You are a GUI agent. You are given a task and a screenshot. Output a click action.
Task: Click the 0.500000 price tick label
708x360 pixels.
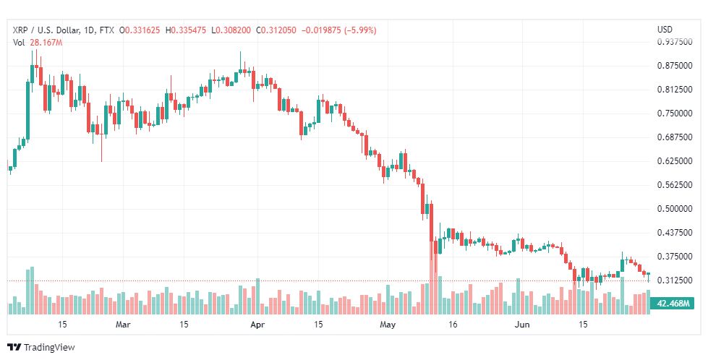pos(675,208)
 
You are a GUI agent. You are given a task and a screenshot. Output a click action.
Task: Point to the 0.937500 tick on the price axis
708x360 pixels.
pos(675,41)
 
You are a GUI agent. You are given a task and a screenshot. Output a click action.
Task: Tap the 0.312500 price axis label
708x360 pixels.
pos(675,280)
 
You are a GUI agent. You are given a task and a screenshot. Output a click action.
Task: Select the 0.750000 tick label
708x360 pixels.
pos(675,113)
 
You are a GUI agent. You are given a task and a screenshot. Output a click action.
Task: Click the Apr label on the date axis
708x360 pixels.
pos(257,325)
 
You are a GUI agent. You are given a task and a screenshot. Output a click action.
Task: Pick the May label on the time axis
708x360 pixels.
pos(388,325)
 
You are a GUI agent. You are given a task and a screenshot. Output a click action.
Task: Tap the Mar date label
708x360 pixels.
pos(123,325)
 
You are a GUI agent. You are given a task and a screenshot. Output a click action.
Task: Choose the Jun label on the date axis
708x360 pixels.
pos(522,325)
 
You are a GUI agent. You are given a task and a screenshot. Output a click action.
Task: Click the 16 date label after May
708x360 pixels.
pos(453,325)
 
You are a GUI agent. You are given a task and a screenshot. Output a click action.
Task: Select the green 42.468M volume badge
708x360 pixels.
pos(672,303)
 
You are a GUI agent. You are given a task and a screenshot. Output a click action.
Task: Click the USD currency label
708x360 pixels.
pos(665,30)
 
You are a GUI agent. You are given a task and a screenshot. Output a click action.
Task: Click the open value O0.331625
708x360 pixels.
pos(140,30)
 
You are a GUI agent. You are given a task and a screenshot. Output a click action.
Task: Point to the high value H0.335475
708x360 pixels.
pos(186,30)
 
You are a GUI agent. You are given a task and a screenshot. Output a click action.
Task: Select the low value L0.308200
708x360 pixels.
pos(231,30)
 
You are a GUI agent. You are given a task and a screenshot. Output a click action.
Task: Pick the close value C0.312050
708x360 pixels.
pos(276,30)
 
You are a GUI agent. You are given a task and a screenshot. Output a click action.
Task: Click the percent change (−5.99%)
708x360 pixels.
pos(360,30)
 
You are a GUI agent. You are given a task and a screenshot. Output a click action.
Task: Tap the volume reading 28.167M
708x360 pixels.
pos(46,43)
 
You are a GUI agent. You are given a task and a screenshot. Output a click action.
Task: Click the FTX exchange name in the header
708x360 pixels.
pos(106,30)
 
